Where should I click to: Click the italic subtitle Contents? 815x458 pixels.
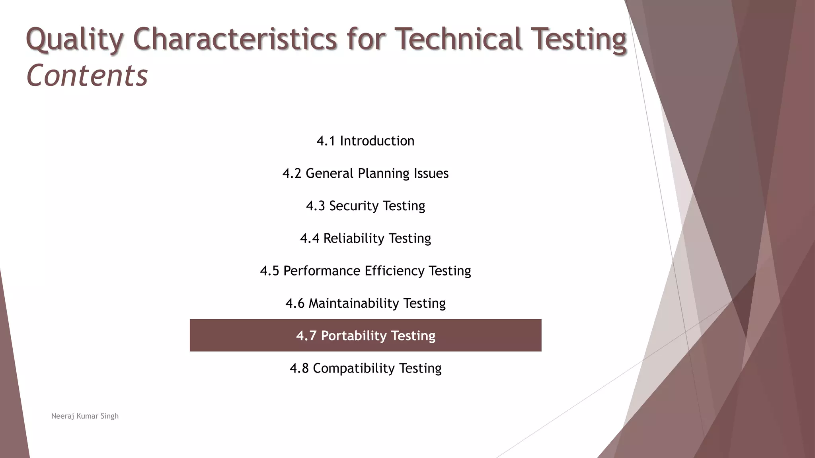tap(87, 76)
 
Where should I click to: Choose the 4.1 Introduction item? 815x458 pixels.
tap(365, 141)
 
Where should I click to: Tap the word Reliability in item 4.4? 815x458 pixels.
tap(353, 239)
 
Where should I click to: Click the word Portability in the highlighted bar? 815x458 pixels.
tap(353, 336)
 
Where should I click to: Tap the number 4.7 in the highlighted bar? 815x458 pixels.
tap(306, 336)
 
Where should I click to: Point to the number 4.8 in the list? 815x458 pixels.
tap(299, 369)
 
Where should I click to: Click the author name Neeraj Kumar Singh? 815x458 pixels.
tap(85, 416)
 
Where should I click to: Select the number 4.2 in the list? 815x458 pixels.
tap(292, 174)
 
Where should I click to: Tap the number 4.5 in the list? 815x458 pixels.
tap(269, 271)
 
